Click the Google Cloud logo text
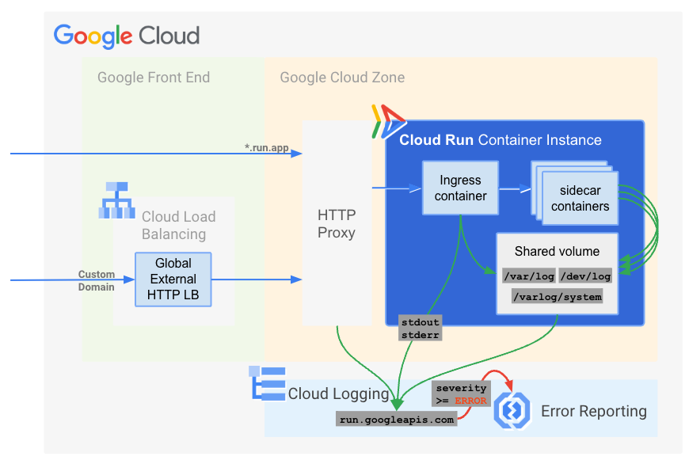coord(127,36)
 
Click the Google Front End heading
coord(154,78)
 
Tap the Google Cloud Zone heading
coord(342,78)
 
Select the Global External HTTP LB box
coord(173,279)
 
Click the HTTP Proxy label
coord(337,224)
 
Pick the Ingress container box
coord(460,188)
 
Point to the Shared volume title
coord(557,252)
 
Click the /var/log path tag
coord(527,276)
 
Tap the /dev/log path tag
coord(585,276)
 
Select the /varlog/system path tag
coord(557,297)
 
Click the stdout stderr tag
coord(420,328)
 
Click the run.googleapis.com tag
coord(397,420)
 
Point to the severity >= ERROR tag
coord(461,394)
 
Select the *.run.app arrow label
coord(266,148)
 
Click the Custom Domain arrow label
coord(96,281)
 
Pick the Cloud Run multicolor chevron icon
coord(388,121)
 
